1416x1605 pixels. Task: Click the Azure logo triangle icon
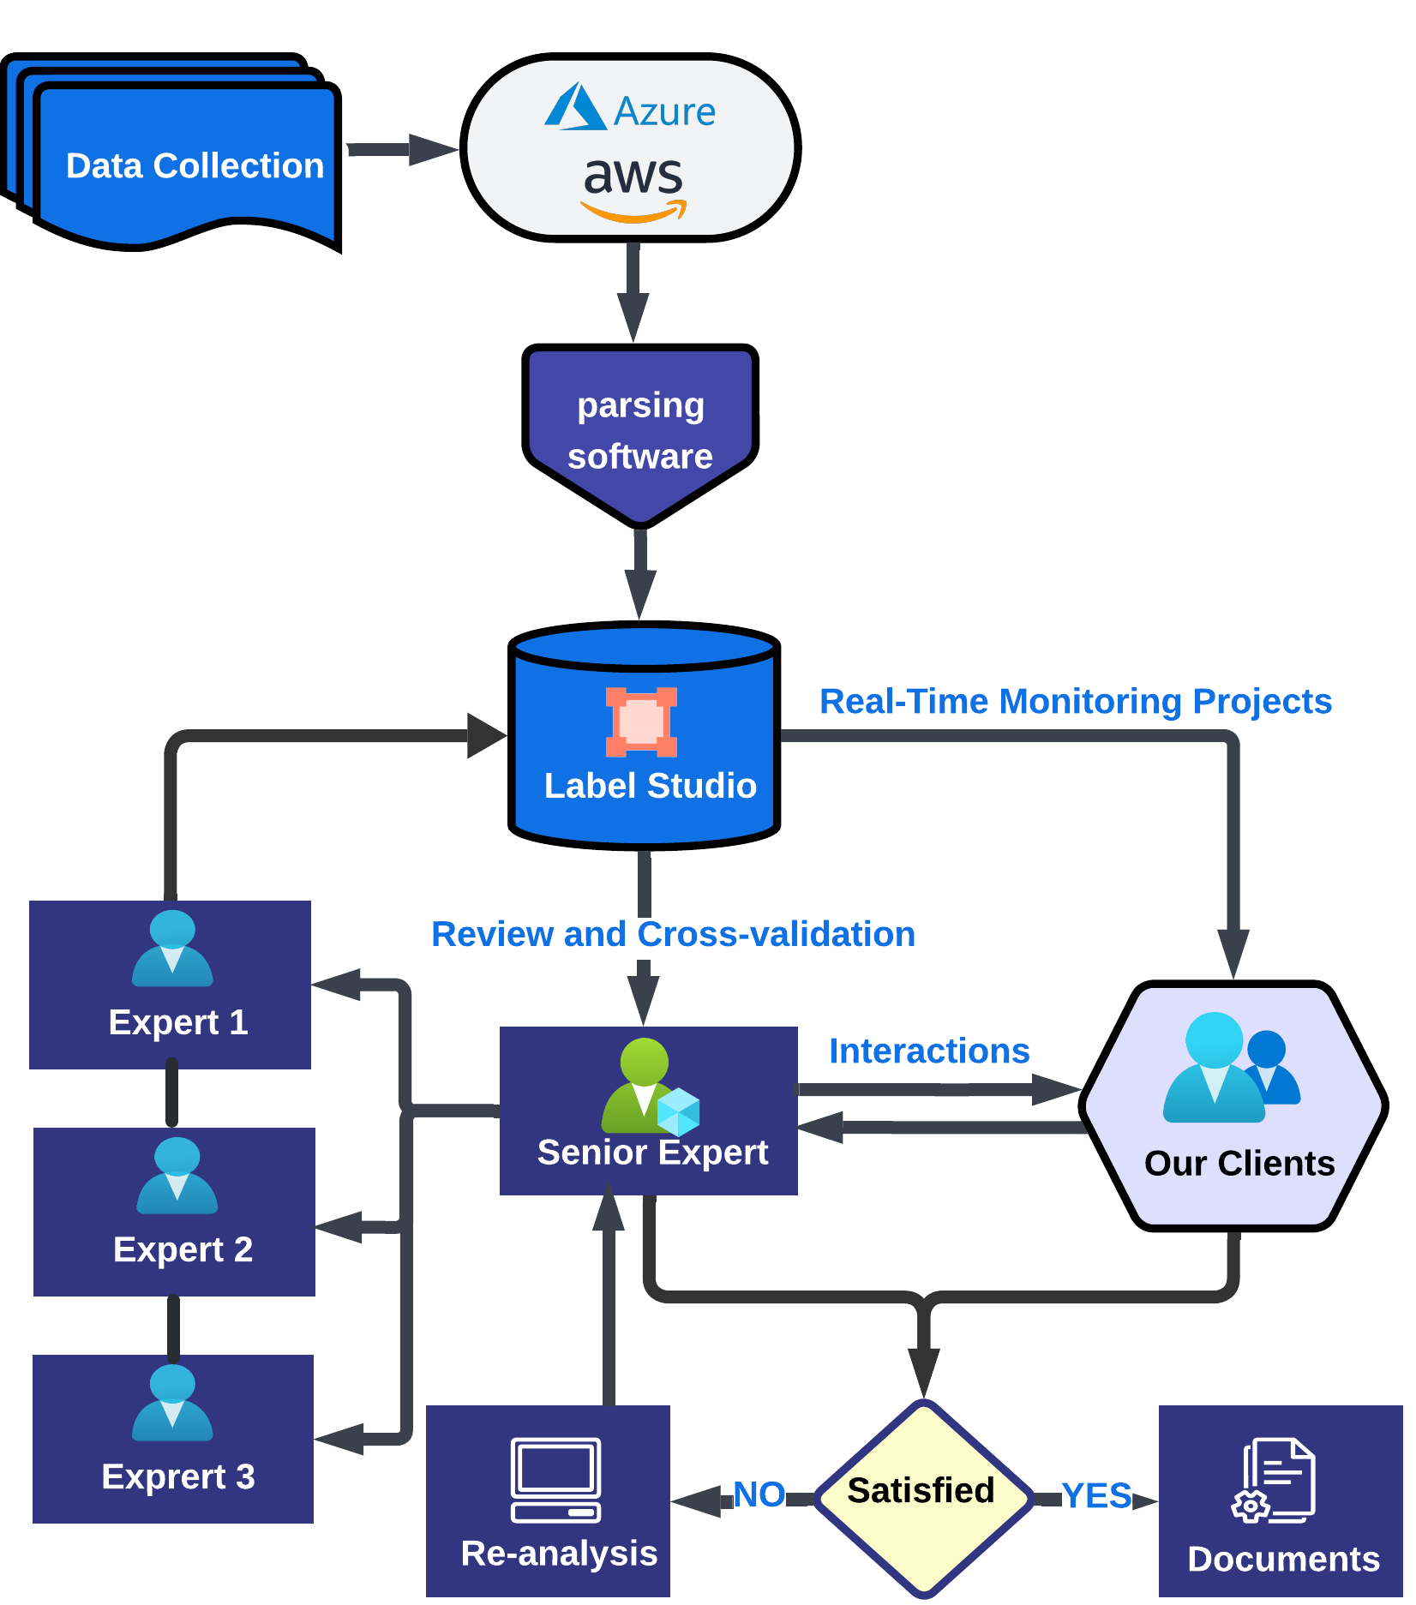(x=575, y=107)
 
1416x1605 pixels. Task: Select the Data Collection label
(x=195, y=165)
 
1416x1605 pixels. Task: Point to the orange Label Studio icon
(x=641, y=722)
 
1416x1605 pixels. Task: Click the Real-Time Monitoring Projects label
(x=1075, y=702)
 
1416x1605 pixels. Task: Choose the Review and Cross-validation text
(x=673, y=934)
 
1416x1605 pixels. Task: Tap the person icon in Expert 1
(x=172, y=949)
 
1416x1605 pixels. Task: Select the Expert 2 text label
(x=183, y=1249)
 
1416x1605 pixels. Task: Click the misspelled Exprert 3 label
(x=178, y=1476)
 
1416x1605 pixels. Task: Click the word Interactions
(x=929, y=1051)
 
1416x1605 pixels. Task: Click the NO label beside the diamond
(x=759, y=1494)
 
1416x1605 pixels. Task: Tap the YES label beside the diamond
(x=1095, y=1495)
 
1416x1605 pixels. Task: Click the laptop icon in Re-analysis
(x=555, y=1479)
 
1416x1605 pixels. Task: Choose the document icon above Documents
(x=1275, y=1480)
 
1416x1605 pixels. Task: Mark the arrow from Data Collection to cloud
(x=402, y=149)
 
